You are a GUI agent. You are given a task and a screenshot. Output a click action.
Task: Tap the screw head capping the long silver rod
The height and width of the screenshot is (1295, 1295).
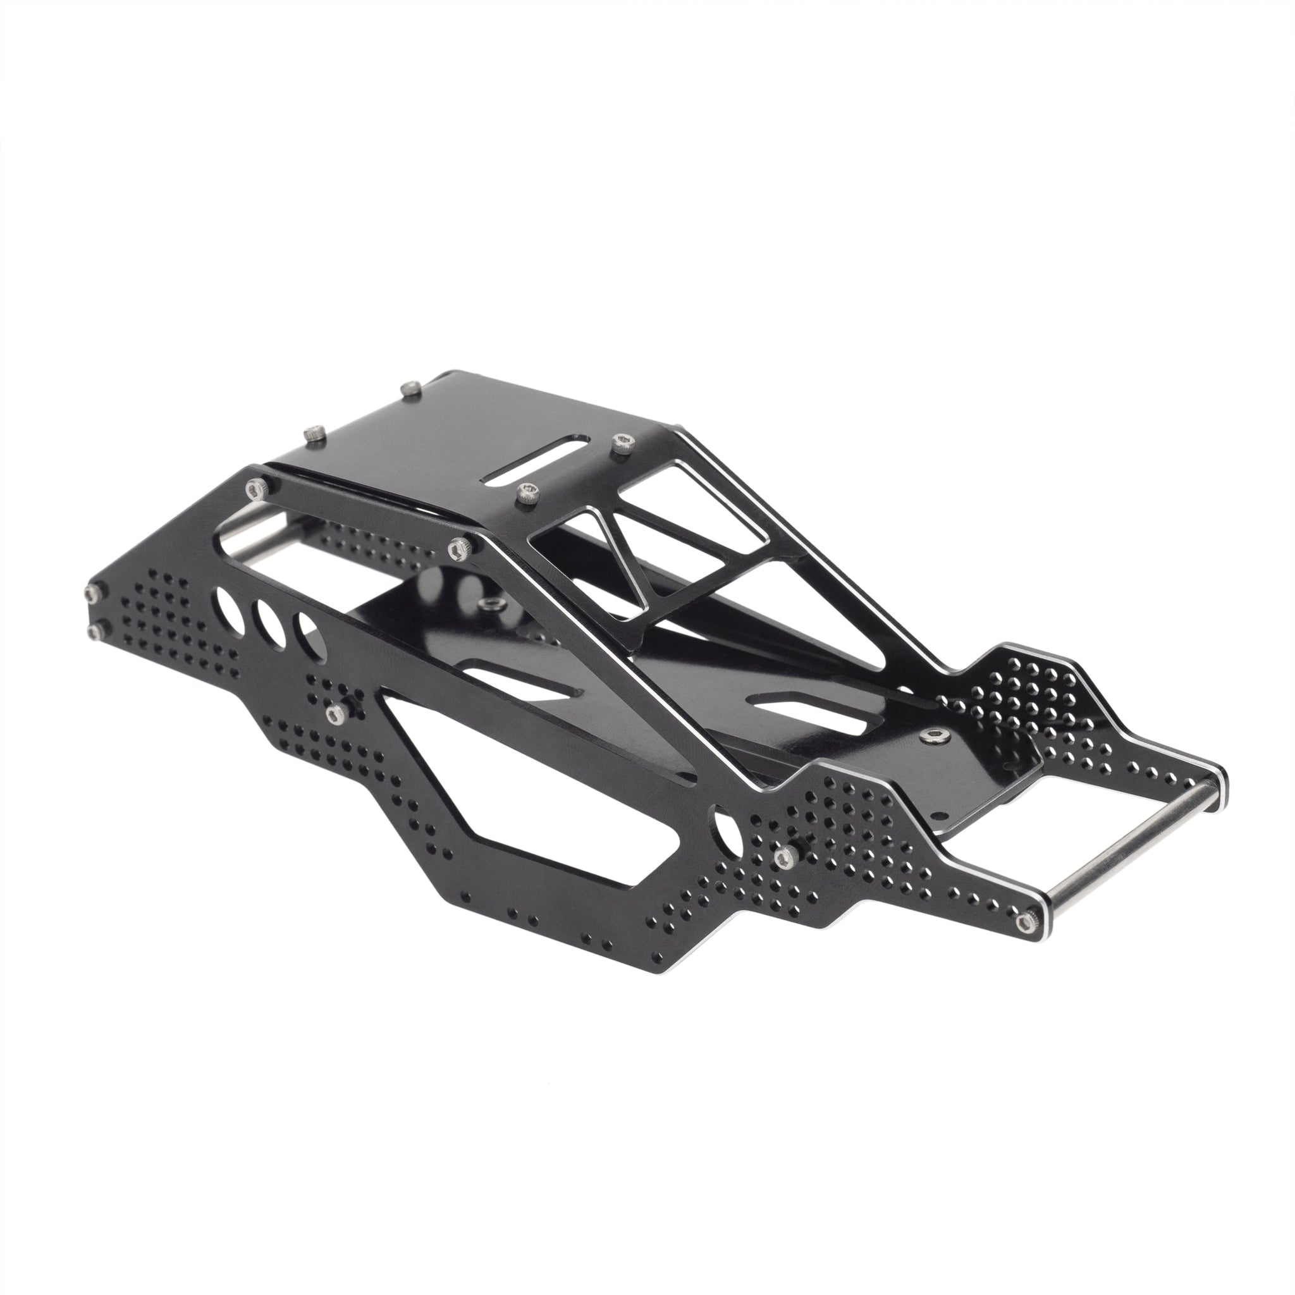[x=1023, y=923]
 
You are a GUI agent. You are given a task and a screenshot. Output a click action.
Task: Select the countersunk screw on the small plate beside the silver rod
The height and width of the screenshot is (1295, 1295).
[x=931, y=737]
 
